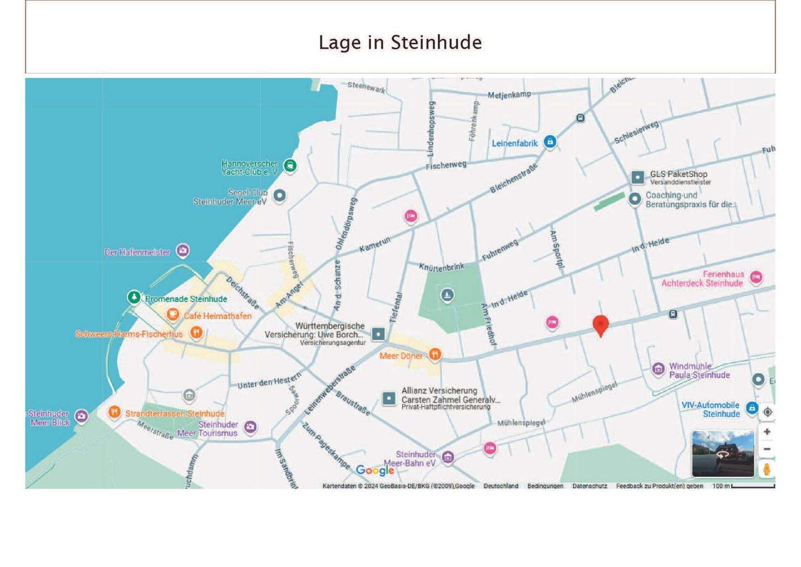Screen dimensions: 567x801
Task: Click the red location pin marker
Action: [600, 324]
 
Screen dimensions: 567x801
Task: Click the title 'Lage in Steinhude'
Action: [400, 42]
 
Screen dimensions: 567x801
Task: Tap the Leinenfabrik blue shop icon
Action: [550, 142]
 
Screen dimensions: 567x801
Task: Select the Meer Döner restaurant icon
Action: [435, 354]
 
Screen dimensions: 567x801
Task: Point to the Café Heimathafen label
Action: [217, 316]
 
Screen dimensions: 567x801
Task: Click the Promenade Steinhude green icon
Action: [133, 297]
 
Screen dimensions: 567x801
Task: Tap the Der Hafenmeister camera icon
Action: [182, 251]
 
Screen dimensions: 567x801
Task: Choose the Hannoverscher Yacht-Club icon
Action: [290, 165]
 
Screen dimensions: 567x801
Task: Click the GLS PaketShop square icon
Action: [637, 178]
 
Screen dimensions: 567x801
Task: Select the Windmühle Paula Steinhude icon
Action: [658, 369]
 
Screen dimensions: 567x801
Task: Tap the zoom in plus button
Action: [767, 432]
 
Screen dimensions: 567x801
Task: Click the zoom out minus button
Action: [767, 449]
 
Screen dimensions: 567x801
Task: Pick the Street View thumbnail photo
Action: [723, 453]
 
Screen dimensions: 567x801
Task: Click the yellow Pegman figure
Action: [767, 469]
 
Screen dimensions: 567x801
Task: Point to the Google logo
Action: [375, 470]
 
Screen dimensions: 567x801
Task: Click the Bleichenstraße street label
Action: [513, 178]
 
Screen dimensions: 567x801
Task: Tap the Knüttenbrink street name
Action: [441, 267]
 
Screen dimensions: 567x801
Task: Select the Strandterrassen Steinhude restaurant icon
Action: [114, 412]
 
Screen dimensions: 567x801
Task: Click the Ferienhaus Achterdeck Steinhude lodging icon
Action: [755, 277]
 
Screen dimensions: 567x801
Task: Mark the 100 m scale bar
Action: [753, 486]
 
